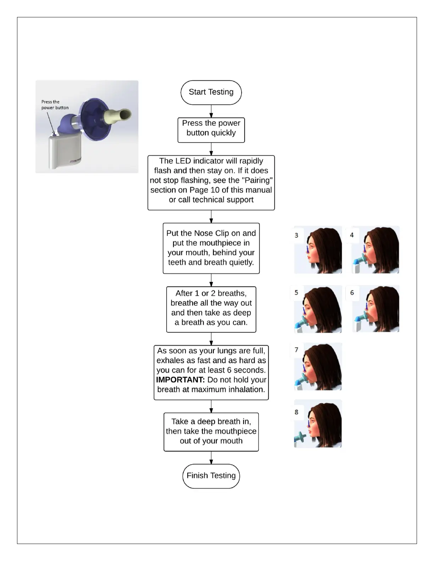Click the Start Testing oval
pos(211,92)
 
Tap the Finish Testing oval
pos(211,476)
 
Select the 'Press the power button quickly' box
pos(211,130)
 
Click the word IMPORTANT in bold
pos(180,380)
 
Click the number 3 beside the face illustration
pos(296,235)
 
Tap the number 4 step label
pos(352,235)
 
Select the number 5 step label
pos(296,293)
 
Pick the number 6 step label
pos(352,293)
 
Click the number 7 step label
pos(296,350)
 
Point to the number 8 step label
pos(296,412)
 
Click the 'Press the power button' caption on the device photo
pos(55,105)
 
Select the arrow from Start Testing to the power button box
pos(211,111)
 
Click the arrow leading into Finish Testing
pos(211,458)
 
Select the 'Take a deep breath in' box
pos(211,431)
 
